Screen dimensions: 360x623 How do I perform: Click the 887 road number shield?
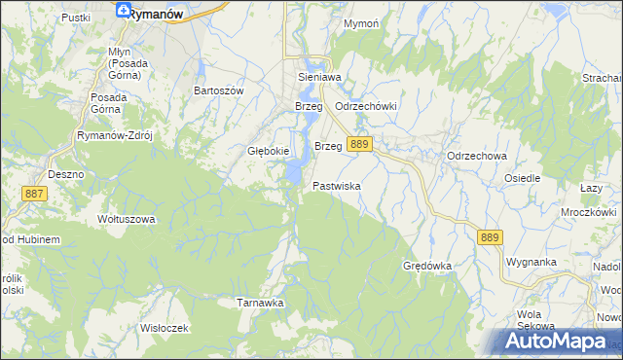33,195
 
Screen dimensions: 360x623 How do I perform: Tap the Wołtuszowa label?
127,219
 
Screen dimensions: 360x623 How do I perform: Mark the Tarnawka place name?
260,303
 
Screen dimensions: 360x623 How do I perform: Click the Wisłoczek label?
163,328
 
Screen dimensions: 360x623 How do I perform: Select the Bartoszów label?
218,90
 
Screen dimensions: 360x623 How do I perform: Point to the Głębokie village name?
267,151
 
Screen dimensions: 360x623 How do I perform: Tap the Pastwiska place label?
337,185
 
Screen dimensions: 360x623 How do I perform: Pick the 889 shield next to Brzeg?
359,144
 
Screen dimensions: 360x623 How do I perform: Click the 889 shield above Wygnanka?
490,236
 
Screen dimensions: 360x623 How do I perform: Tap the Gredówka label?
427,266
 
